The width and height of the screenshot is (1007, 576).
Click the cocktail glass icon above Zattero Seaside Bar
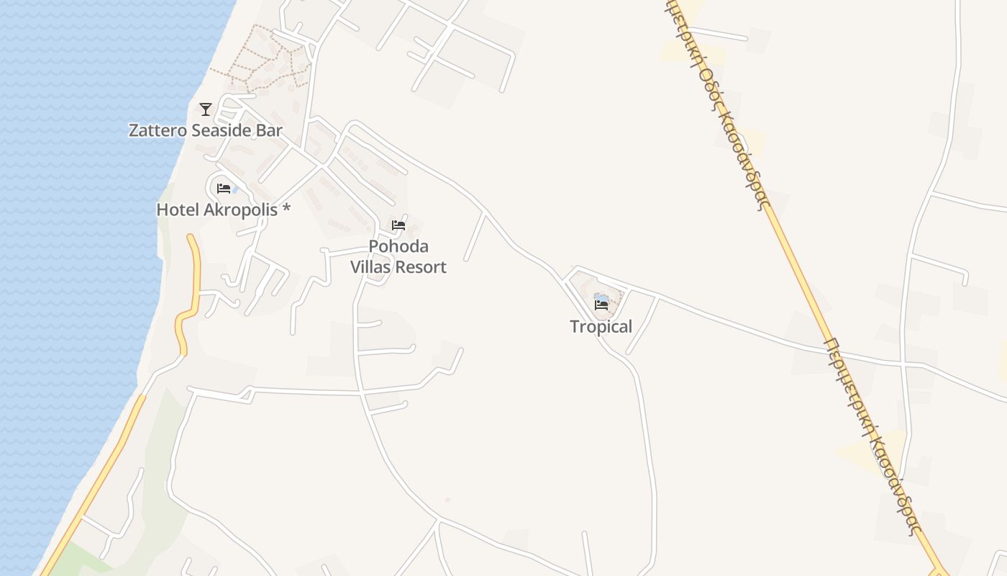206,109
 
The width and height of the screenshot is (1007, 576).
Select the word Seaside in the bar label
222,131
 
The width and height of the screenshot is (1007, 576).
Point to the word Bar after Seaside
270,131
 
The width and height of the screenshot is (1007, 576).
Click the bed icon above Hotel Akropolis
224,189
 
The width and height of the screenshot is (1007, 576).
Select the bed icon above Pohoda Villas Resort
398,225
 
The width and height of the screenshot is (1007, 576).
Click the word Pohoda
398,247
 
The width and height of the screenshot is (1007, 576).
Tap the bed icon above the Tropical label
601,305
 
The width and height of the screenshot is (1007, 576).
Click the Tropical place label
601,327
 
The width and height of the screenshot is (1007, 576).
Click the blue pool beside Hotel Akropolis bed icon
235,190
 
